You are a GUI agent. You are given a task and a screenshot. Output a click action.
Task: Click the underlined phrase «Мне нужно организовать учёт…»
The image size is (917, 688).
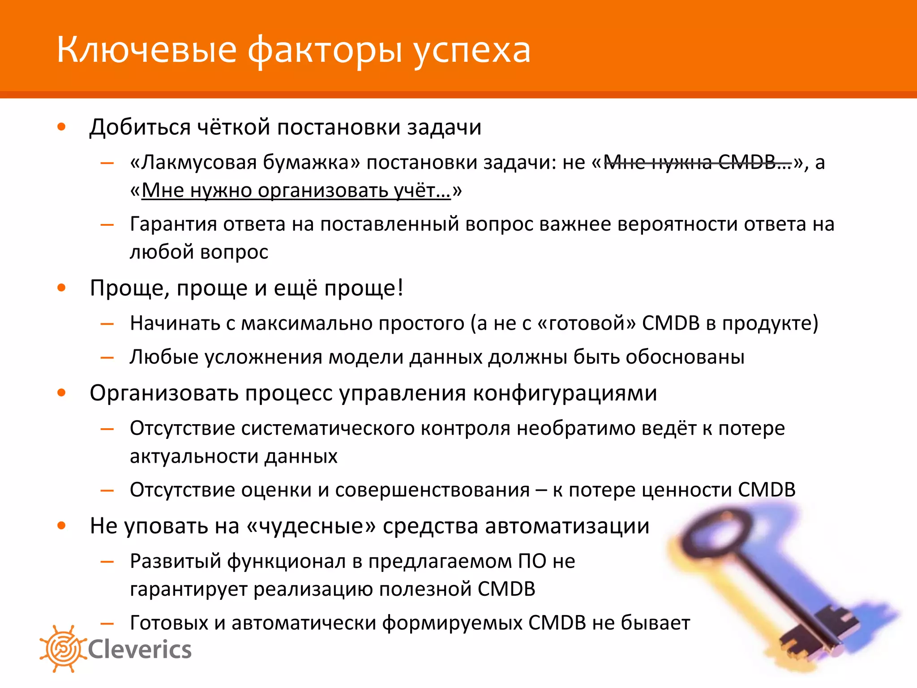click(296, 190)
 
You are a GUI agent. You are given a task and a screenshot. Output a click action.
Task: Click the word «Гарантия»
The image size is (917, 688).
click(172, 224)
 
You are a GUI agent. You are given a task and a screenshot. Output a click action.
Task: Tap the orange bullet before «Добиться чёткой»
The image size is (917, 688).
click(62, 127)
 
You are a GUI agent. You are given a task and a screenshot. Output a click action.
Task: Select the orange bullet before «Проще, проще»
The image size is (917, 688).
click(62, 288)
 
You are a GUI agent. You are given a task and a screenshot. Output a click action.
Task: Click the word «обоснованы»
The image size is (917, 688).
click(685, 357)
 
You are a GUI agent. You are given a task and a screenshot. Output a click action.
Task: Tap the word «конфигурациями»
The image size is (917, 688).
click(565, 393)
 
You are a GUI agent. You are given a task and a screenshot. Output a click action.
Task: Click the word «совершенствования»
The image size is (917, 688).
click(432, 490)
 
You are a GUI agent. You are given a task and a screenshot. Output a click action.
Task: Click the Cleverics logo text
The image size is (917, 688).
click(140, 650)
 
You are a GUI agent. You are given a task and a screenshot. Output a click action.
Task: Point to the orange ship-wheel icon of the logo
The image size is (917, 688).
click(63, 649)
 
